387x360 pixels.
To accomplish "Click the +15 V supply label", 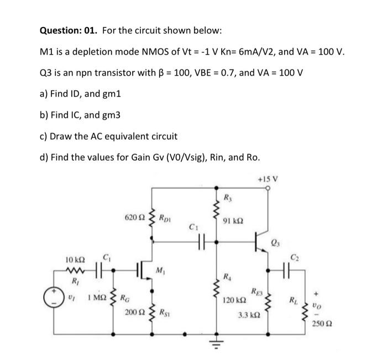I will [x=269, y=179].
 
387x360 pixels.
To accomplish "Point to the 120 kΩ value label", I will [x=232, y=300].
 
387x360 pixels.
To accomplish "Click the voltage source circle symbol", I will [x=56, y=304].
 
